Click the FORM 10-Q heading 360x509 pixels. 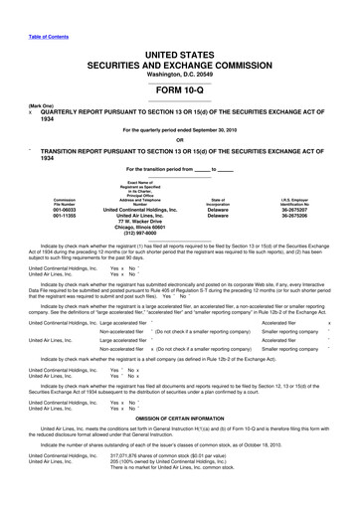pyautogui.click(x=179, y=84)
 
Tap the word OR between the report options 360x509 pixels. pyautogui.click(x=179, y=136)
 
